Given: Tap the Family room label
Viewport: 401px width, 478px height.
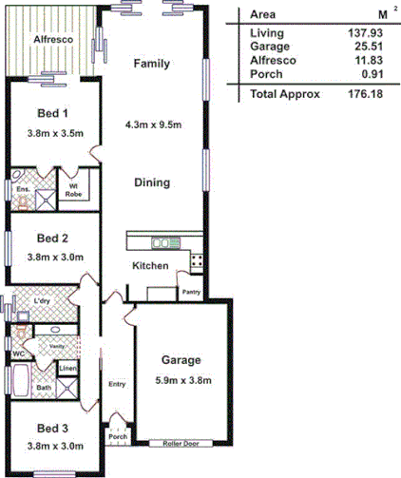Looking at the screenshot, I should (x=151, y=65).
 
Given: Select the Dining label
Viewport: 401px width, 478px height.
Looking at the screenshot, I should (x=151, y=182).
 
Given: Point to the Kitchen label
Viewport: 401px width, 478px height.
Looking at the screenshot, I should (x=149, y=266).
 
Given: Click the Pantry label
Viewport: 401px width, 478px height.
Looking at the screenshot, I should (x=191, y=293).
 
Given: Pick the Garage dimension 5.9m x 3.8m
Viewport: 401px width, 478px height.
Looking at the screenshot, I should (x=181, y=381).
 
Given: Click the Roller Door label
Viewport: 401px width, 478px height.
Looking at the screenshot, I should (x=181, y=444).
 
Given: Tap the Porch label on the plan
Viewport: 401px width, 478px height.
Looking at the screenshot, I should (x=118, y=437).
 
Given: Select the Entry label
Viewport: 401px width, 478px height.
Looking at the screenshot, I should (x=117, y=385).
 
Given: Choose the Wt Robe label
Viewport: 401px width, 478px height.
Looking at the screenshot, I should (x=73, y=190).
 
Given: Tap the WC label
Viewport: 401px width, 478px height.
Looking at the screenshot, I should (x=17, y=354).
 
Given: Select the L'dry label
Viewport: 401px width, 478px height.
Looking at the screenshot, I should (x=42, y=301).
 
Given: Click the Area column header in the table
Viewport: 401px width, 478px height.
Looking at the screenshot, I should (x=262, y=14).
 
